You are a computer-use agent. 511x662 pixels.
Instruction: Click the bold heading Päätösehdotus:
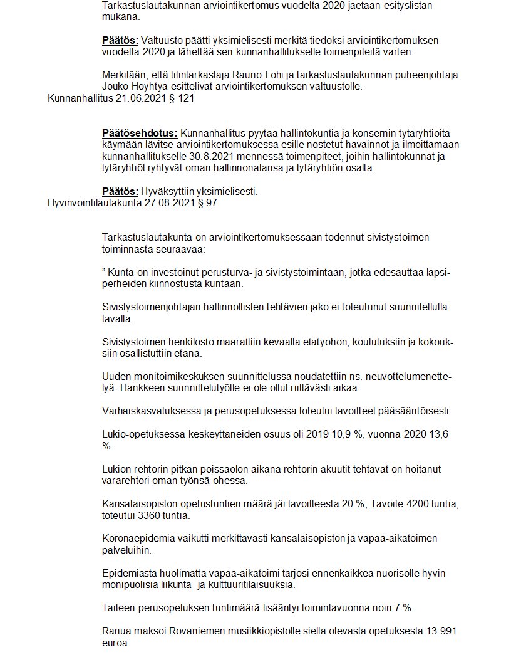pos(140,134)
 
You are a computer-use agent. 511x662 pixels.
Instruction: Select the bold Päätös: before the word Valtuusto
pos(120,41)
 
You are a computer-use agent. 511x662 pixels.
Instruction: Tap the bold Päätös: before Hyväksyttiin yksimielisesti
pos(120,191)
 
